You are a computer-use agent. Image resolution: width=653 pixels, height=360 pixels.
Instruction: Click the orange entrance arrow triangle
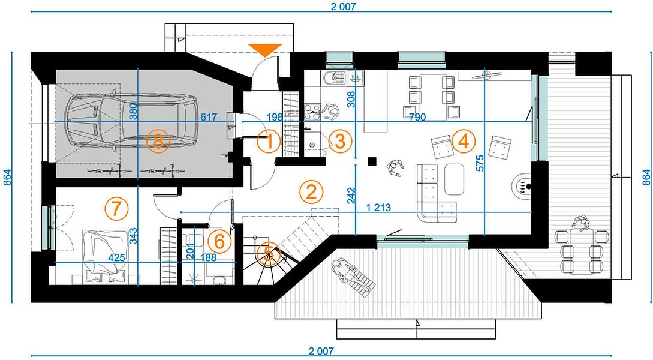[x=265, y=49]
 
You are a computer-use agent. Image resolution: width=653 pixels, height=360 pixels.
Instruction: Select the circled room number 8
[x=158, y=142]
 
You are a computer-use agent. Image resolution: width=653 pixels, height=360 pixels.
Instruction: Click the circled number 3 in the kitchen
[x=340, y=141]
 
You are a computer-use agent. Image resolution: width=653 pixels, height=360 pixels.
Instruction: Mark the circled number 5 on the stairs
[x=269, y=253]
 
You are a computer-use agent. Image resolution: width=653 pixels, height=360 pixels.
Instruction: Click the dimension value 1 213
[x=378, y=207]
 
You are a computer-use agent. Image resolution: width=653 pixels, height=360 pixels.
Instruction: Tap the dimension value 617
[x=209, y=117]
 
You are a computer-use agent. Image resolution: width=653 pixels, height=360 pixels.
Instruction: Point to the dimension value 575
[x=480, y=163]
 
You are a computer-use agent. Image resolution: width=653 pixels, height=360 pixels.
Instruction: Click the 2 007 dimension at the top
[x=344, y=6]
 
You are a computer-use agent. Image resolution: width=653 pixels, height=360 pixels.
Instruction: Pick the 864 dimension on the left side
[x=7, y=177]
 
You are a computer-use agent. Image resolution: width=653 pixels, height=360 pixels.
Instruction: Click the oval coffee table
[x=454, y=179]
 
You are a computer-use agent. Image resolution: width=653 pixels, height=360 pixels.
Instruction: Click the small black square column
[x=372, y=161]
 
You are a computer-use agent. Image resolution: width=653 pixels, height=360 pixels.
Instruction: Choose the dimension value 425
[x=116, y=257]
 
